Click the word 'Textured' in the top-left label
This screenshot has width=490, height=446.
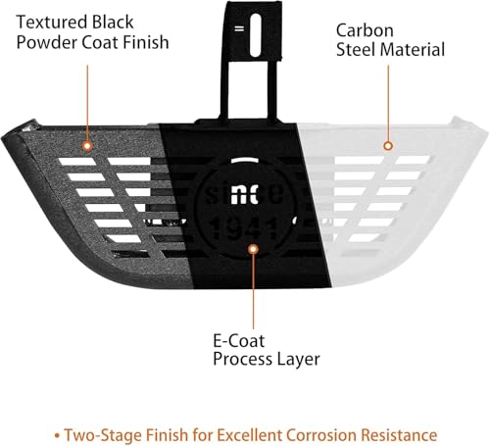click(52, 23)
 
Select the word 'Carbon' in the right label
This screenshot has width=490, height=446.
click(365, 30)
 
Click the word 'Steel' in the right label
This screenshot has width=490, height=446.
click(356, 50)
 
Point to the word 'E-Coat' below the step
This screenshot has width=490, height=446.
click(239, 341)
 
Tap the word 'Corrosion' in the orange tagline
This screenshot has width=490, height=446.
click(321, 435)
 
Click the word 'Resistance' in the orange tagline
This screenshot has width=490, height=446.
click(399, 435)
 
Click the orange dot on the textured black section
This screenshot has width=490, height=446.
click(87, 146)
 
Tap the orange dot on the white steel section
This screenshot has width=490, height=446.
click(388, 146)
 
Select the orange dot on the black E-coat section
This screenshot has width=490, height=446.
click(253, 249)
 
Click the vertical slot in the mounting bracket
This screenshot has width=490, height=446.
click(256, 35)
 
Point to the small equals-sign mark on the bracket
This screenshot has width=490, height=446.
click(239, 28)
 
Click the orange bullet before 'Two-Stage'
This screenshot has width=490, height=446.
click(57, 435)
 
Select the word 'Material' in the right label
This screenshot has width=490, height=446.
click(413, 50)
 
